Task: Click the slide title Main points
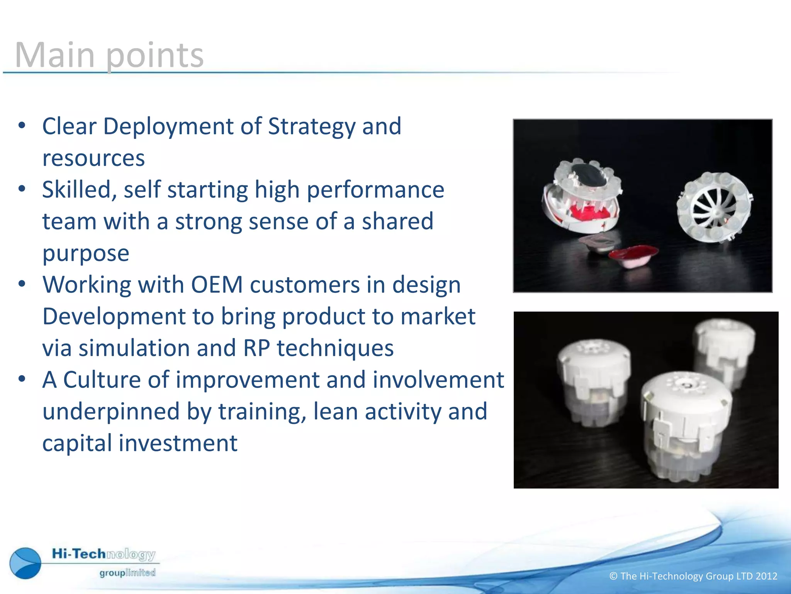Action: [109, 55]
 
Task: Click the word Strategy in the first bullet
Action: [311, 127]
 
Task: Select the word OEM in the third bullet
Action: [217, 285]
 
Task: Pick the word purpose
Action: [86, 254]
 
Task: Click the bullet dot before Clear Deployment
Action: [22, 126]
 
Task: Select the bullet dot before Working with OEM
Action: [22, 284]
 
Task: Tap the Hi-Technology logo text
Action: [104, 554]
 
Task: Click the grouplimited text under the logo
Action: [127, 573]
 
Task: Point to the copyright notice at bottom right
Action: [693, 576]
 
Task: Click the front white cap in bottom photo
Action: [686, 425]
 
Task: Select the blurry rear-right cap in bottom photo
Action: [724, 348]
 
